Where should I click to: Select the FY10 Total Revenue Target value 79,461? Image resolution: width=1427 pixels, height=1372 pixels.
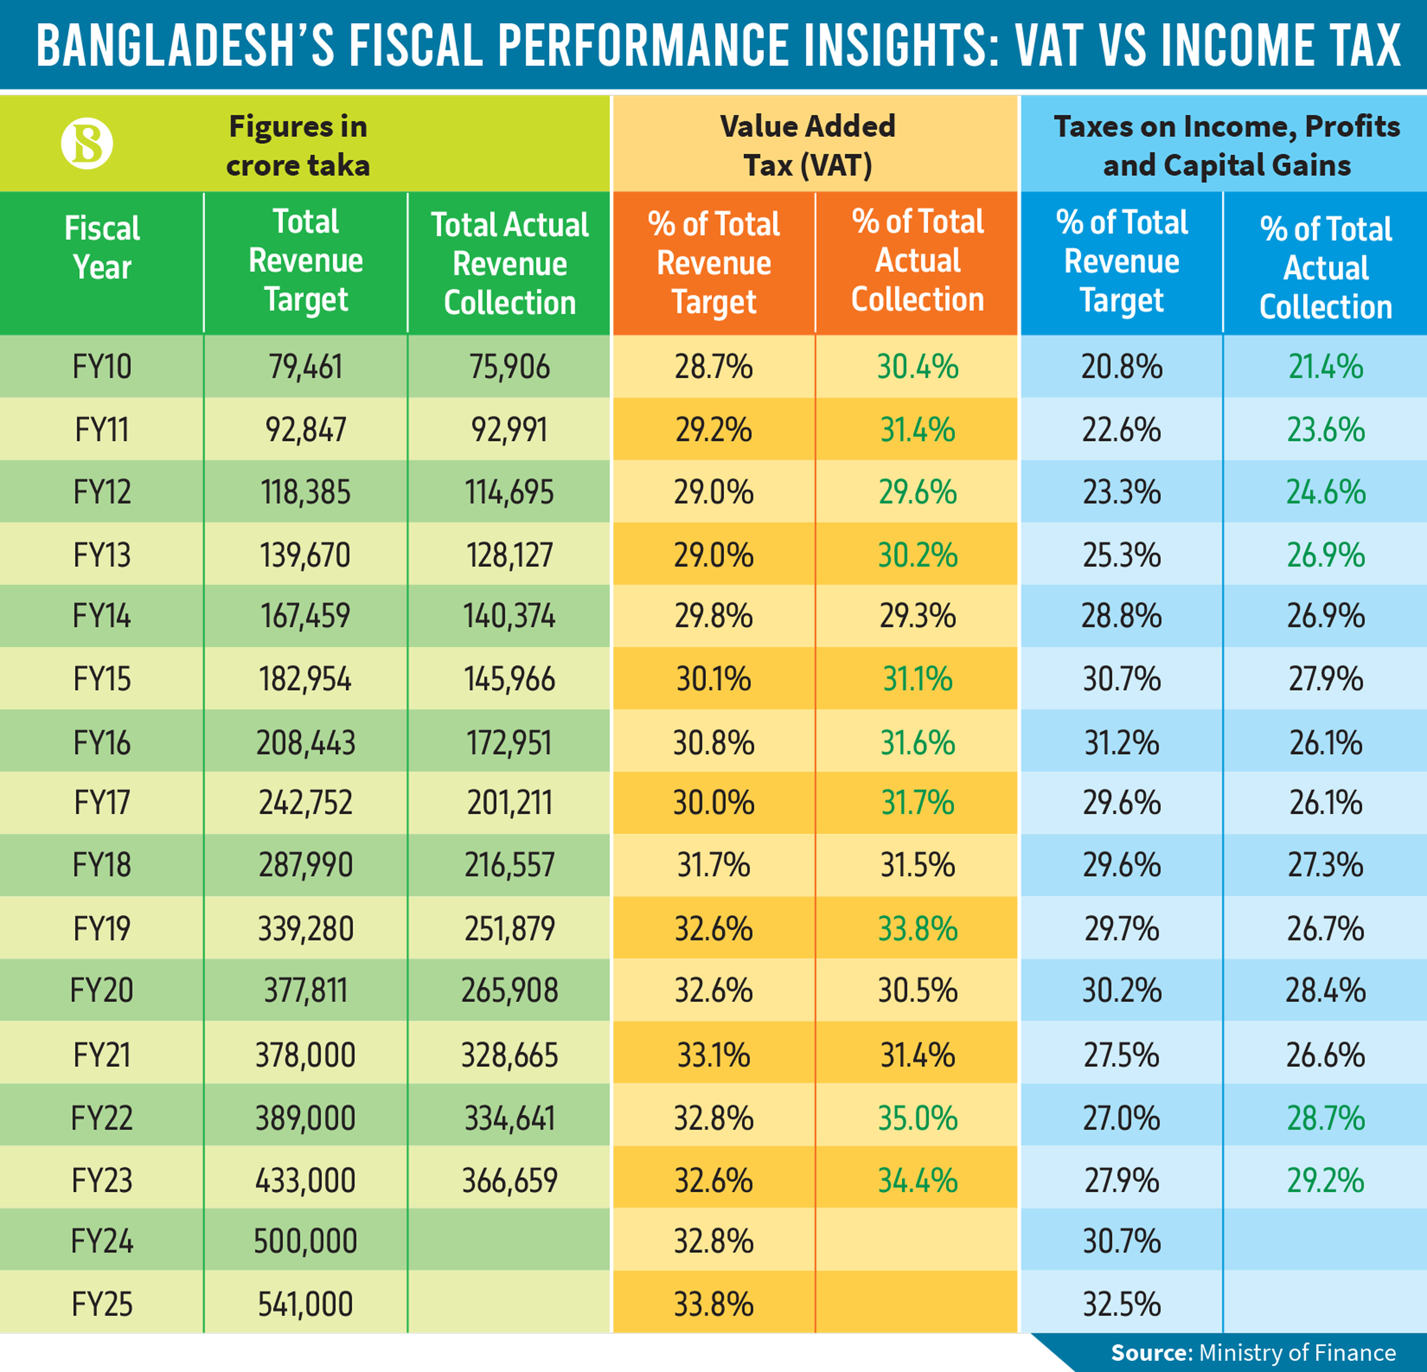pos(306,366)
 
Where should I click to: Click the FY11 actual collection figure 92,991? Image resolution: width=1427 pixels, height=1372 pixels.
pos(510,429)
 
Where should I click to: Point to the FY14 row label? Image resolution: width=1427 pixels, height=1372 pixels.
pos(102,616)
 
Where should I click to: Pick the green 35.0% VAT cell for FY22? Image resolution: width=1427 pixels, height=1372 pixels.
pos(917,1118)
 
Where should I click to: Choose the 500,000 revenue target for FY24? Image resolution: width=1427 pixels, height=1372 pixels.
pos(306,1241)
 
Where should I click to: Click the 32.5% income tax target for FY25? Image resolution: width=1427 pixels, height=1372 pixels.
pos(1121,1304)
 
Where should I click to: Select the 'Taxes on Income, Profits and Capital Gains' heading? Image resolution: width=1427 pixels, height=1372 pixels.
pos(1227,146)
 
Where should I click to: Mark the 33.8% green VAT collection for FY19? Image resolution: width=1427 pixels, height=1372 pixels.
pos(917,928)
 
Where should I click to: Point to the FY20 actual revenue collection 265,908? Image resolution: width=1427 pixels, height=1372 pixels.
pos(510,990)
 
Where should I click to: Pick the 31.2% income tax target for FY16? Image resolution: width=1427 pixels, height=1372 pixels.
pos(1121,743)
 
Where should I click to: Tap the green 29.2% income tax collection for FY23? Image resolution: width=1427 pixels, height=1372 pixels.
pos(1326,1180)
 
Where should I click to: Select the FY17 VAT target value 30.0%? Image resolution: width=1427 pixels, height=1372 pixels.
pos(713,803)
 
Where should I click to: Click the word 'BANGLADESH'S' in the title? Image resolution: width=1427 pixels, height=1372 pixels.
pos(185,45)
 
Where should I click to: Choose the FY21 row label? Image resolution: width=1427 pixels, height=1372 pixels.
pos(102,1054)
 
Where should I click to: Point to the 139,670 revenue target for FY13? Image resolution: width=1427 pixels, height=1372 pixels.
pos(306,555)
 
